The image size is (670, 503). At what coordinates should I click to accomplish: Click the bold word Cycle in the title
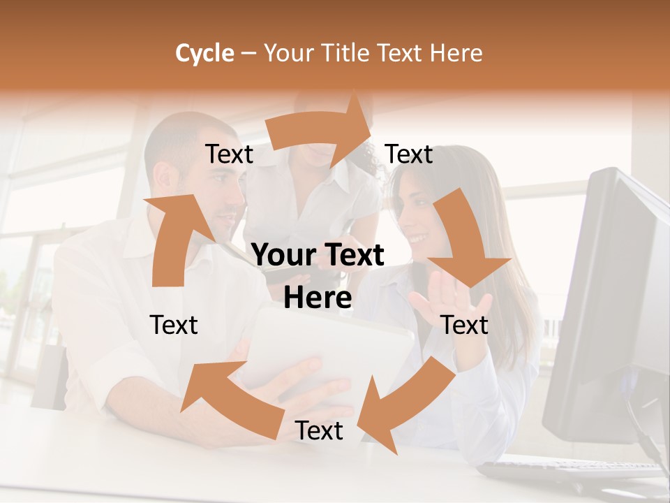pyautogui.click(x=204, y=53)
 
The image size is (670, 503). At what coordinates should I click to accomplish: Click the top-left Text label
pyautogui.click(x=229, y=154)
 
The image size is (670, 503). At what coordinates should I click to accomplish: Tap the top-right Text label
pyautogui.click(x=409, y=154)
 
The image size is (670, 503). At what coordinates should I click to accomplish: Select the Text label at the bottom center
pyautogui.click(x=319, y=431)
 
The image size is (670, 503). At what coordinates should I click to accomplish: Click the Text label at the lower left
pyautogui.click(x=174, y=325)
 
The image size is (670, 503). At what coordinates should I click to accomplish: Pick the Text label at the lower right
pyautogui.click(x=465, y=325)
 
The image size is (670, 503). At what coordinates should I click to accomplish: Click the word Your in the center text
pyautogui.click(x=283, y=256)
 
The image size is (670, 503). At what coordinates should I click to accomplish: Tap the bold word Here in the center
pyautogui.click(x=318, y=298)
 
